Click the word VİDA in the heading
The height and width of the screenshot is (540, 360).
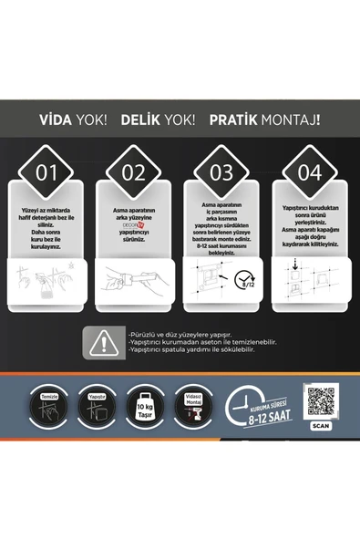57,119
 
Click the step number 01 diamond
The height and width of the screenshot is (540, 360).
46,171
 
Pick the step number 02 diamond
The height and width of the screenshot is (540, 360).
134,171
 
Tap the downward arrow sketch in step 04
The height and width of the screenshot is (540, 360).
297,265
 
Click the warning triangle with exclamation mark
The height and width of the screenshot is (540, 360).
105,342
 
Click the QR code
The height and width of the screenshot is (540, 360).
320,400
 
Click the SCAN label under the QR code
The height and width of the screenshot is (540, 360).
320,425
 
